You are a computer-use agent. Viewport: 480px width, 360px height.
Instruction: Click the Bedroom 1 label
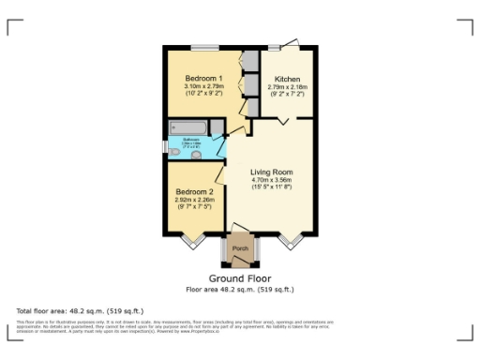(x=202, y=78)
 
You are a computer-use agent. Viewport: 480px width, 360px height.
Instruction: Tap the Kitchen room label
(x=285, y=78)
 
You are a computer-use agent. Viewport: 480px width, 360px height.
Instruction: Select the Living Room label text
(x=271, y=172)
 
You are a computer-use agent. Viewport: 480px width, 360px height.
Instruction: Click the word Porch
(x=240, y=248)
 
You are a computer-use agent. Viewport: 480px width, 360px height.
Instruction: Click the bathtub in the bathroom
(x=188, y=128)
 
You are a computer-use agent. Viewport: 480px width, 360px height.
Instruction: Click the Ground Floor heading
(x=240, y=278)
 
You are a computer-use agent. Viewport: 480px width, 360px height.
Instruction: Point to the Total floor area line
(x=62, y=309)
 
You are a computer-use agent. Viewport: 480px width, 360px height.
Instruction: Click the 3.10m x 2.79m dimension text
(x=202, y=86)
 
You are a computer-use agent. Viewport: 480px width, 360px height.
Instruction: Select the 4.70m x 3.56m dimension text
(x=271, y=181)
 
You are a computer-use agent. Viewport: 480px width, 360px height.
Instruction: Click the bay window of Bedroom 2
(x=193, y=240)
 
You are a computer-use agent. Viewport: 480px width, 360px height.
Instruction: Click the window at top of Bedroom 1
(x=204, y=47)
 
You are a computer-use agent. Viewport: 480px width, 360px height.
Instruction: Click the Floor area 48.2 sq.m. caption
(x=240, y=289)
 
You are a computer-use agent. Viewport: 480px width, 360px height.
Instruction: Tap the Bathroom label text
(x=191, y=142)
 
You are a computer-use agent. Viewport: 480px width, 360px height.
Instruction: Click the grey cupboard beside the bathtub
(x=217, y=128)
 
